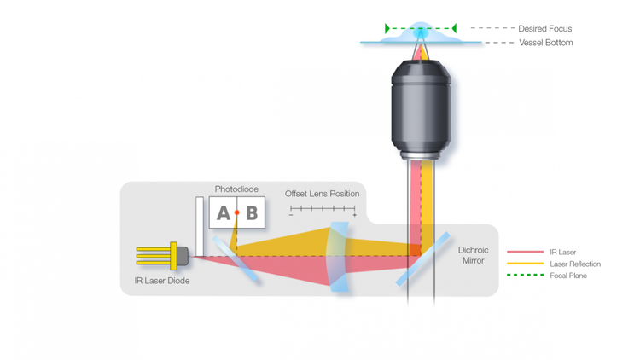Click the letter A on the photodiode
pos(224,213)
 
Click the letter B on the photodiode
pos(252,213)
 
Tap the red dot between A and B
pos(237,212)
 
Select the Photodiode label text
pos(236,189)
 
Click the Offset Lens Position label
pos(322,194)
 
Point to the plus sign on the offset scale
pos(355,216)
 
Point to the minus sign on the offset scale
pos(291,216)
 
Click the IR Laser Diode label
pos(161,281)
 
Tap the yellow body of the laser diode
pos(174,255)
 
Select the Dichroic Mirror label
pos(473,255)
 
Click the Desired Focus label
pos(544,29)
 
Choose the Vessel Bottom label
pos(545,43)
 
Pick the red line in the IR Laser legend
pos(525,252)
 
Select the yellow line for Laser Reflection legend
pos(525,264)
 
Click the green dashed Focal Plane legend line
pos(525,276)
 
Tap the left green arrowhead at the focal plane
pos(387,29)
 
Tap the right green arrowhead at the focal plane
pos(454,29)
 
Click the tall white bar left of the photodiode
pos(200,226)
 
